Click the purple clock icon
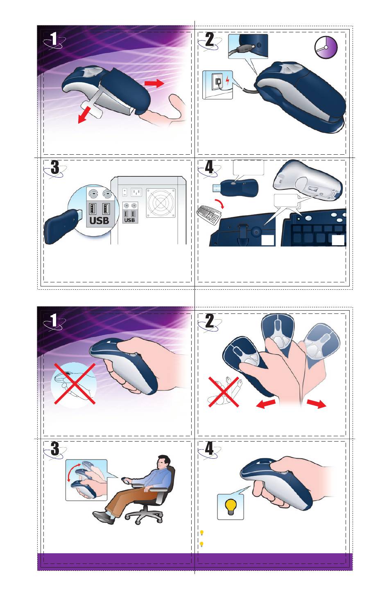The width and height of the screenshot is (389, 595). coord(326,47)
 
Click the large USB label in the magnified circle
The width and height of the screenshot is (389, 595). coord(99,221)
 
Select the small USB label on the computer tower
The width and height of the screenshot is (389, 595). coord(130,220)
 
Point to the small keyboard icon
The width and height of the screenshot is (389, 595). coord(208,214)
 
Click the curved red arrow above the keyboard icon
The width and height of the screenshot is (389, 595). coord(219,203)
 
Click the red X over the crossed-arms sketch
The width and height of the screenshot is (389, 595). coord(224,392)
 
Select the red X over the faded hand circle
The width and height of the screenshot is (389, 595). coord(75,383)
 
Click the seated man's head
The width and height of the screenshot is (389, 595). coord(163,462)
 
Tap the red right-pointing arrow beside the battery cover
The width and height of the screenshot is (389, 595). coord(154,83)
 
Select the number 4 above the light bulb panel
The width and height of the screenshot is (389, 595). coord(209,449)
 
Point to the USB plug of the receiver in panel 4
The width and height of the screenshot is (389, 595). coord(216,187)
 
